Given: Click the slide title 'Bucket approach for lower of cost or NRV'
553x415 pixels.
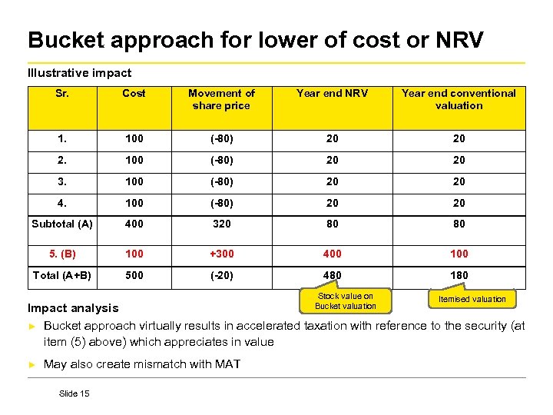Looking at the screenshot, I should (x=255, y=40).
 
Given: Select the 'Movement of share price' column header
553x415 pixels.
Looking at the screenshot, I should (x=221, y=99).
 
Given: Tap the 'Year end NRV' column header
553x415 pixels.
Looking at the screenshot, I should (x=333, y=93).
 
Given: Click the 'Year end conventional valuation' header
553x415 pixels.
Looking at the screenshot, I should (x=459, y=99).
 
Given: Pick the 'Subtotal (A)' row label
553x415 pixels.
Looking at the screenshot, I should (x=62, y=224).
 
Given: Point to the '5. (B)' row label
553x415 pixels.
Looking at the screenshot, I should (x=62, y=253).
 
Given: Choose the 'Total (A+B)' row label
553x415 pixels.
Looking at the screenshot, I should (x=62, y=274).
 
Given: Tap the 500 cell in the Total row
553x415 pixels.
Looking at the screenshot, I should (x=134, y=274).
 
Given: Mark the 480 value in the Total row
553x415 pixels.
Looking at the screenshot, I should (x=333, y=274).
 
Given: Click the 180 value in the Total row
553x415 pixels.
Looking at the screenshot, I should (x=459, y=274).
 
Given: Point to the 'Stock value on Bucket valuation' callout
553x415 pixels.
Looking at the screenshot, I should (x=346, y=301).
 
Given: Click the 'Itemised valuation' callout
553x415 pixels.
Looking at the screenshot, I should (x=472, y=299).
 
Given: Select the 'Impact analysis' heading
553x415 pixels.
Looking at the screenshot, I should (x=73, y=308).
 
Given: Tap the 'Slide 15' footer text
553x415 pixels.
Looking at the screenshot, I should (x=74, y=393).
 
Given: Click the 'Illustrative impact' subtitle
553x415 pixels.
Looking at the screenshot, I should (x=79, y=73).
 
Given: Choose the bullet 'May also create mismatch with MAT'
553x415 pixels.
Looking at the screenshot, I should (x=142, y=364).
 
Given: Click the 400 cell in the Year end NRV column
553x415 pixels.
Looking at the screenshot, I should (x=333, y=253).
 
